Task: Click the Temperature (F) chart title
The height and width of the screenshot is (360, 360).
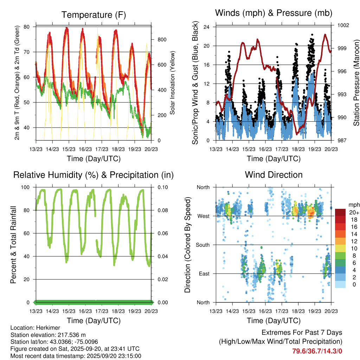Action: pyautogui.click(x=94, y=15)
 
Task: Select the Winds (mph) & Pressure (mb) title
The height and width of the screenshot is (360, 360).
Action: pyautogui.click(x=274, y=13)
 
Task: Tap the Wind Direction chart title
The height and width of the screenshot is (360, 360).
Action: pyautogui.click(x=274, y=175)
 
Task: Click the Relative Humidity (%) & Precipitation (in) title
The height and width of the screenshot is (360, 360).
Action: pyautogui.click(x=94, y=175)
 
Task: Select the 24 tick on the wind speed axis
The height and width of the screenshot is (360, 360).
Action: pyautogui.click(x=207, y=27)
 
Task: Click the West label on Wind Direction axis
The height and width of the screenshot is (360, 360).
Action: pyautogui.click(x=203, y=216)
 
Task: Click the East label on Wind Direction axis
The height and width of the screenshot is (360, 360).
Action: pyautogui.click(x=204, y=274)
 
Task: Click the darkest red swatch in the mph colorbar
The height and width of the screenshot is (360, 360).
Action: pyautogui.click(x=340, y=212)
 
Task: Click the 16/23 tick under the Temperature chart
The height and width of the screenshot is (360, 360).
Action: pyautogui.click(x=85, y=149)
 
